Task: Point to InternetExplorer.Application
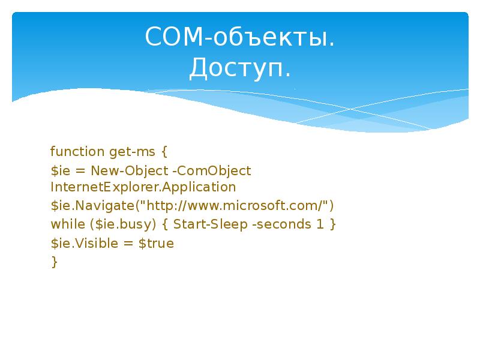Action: (x=143, y=187)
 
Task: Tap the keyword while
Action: (x=64, y=224)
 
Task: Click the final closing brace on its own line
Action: (x=55, y=262)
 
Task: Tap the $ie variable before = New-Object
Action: (x=60, y=171)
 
